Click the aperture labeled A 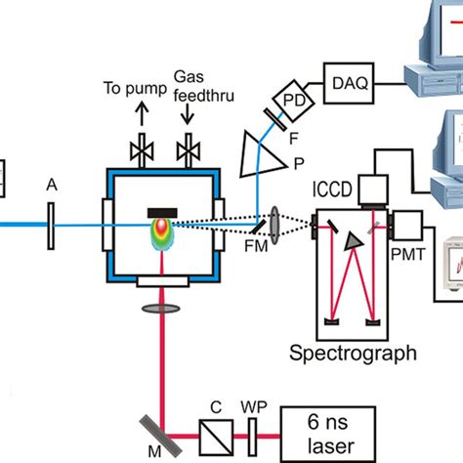tap(49, 224)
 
